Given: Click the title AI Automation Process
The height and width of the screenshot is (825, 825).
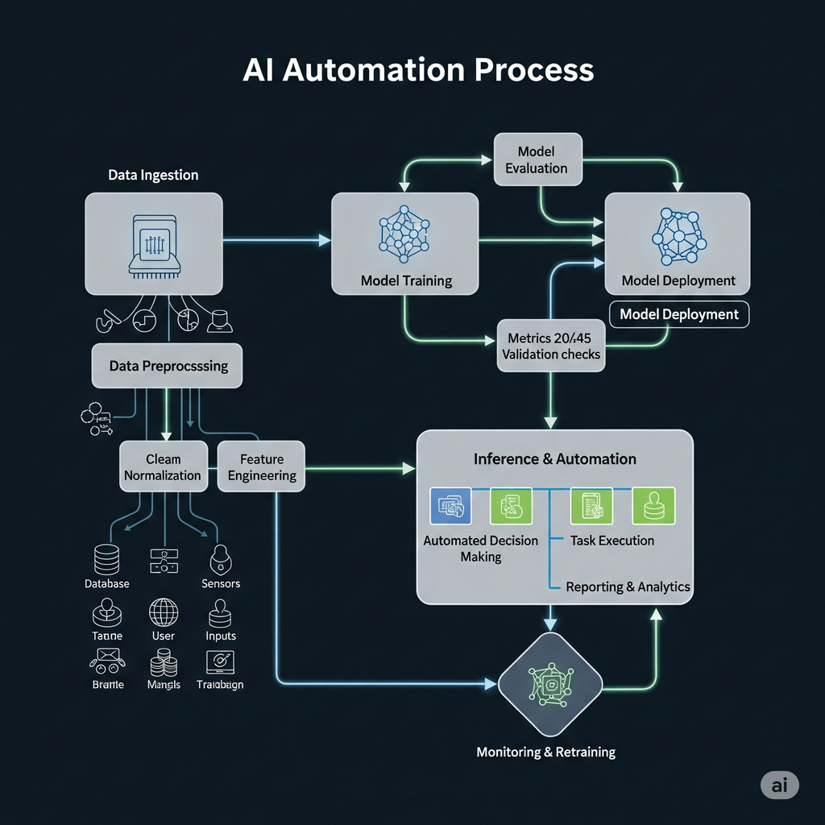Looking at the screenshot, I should (x=418, y=70).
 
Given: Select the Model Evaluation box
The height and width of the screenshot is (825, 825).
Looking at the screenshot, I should (x=537, y=160).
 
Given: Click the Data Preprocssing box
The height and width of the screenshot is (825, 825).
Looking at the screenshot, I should (x=168, y=366).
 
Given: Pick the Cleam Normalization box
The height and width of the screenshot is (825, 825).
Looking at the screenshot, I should (x=163, y=466).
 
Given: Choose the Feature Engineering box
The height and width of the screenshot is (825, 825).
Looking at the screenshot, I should (x=262, y=466).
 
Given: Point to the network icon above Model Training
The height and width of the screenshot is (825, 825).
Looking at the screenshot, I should (x=405, y=234).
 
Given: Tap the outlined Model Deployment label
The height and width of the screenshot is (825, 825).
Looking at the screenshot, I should (x=679, y=314).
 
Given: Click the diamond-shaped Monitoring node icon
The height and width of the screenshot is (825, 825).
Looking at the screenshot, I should (x=550, y=683).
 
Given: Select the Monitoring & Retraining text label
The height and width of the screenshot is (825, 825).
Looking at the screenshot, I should (x=545, y=752).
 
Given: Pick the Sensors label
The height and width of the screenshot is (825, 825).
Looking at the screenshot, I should (x=221, y=583).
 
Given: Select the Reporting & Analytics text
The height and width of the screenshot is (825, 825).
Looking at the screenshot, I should (x=628, y=587).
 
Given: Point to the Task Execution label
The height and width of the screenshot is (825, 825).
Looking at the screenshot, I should (x=611, y=541).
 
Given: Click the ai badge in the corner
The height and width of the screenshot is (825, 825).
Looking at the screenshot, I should (x=779, y=786).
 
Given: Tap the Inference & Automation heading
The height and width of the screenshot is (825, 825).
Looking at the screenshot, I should (x=554, y=459).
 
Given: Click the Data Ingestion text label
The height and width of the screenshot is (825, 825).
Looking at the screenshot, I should (x=153, y=175).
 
